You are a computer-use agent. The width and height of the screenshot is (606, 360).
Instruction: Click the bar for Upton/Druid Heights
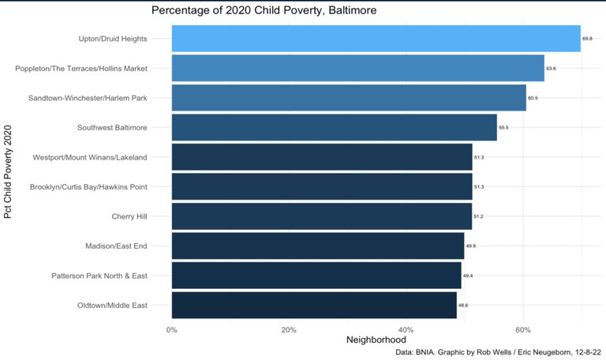point(376,39)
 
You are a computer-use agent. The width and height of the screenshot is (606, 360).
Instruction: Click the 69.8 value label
point(587,39)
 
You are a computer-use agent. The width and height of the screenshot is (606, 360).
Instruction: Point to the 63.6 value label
point(551,69)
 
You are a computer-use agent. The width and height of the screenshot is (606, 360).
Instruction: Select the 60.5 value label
point(533,98)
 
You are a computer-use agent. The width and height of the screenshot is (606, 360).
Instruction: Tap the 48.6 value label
point(463,305)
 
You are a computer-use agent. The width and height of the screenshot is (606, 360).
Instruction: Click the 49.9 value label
point(470,246)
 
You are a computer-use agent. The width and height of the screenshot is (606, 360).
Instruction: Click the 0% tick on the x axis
point(171,329)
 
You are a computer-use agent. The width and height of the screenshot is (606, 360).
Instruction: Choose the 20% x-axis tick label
point(289,329)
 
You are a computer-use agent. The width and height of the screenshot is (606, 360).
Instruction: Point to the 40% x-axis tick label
point(406,329)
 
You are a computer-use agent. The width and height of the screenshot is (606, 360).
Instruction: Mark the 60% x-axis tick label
point(523,329)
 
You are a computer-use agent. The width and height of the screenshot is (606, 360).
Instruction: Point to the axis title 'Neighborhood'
point(376,340)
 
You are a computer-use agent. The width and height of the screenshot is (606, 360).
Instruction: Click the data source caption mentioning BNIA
point(498,353)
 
